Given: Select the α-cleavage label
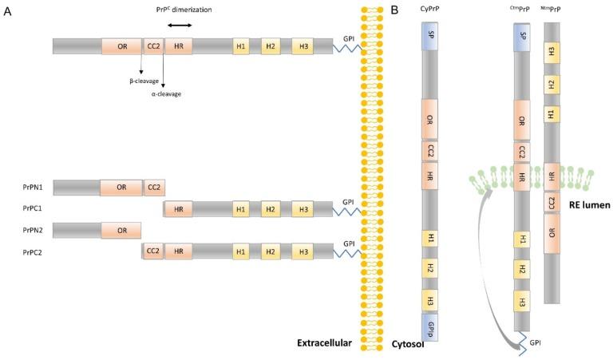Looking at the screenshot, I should (x=167, y=94).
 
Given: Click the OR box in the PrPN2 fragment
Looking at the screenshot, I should (x=121, y=230).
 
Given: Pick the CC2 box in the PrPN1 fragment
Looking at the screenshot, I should (x=153, y=188).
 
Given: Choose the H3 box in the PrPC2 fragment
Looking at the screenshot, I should (x=302, y=251).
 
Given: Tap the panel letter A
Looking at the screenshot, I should (x=7, y=10).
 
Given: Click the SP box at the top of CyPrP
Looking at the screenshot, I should (x=431, y=38).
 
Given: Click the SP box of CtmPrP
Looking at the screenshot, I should (x=523, y=36).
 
